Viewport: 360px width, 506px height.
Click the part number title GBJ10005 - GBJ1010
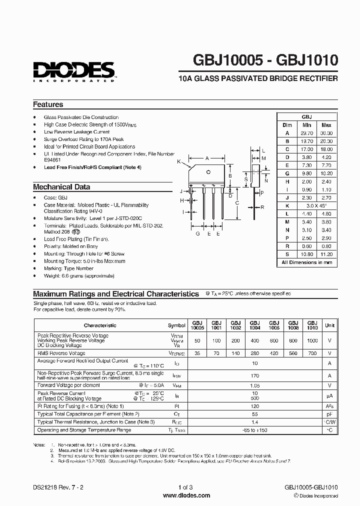coord(265,61)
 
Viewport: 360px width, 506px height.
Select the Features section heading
coord(48,104)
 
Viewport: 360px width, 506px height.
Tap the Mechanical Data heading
coord(61,187)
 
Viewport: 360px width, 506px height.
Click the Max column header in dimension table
coord(326,124)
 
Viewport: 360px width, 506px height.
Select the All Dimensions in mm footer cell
coord(307,262)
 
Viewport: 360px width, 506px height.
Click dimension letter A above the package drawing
coord(207,158)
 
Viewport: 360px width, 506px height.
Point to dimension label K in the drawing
coord(179,161)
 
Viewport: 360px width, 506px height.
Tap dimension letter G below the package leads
coord(197,233)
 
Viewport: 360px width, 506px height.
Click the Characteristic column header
coord(100,325)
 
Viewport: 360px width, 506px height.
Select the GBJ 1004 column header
coord(254,325)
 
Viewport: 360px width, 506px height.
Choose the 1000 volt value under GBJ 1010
coord(312,340)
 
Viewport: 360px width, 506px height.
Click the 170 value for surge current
coord(255,375)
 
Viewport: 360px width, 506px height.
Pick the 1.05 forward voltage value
coord(255,385)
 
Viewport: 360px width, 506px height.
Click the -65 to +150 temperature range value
coord(255,430)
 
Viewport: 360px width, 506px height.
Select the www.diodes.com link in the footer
coord(180,495)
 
